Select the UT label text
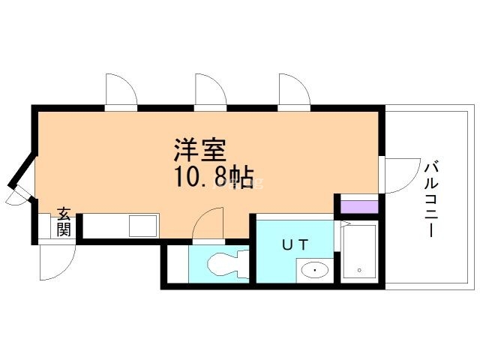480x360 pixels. (295, 244)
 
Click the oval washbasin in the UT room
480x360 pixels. (314, 269)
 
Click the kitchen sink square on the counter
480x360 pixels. (142, 224)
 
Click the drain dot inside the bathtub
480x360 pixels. (359, 269)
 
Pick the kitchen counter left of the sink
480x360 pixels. (104, 224)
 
